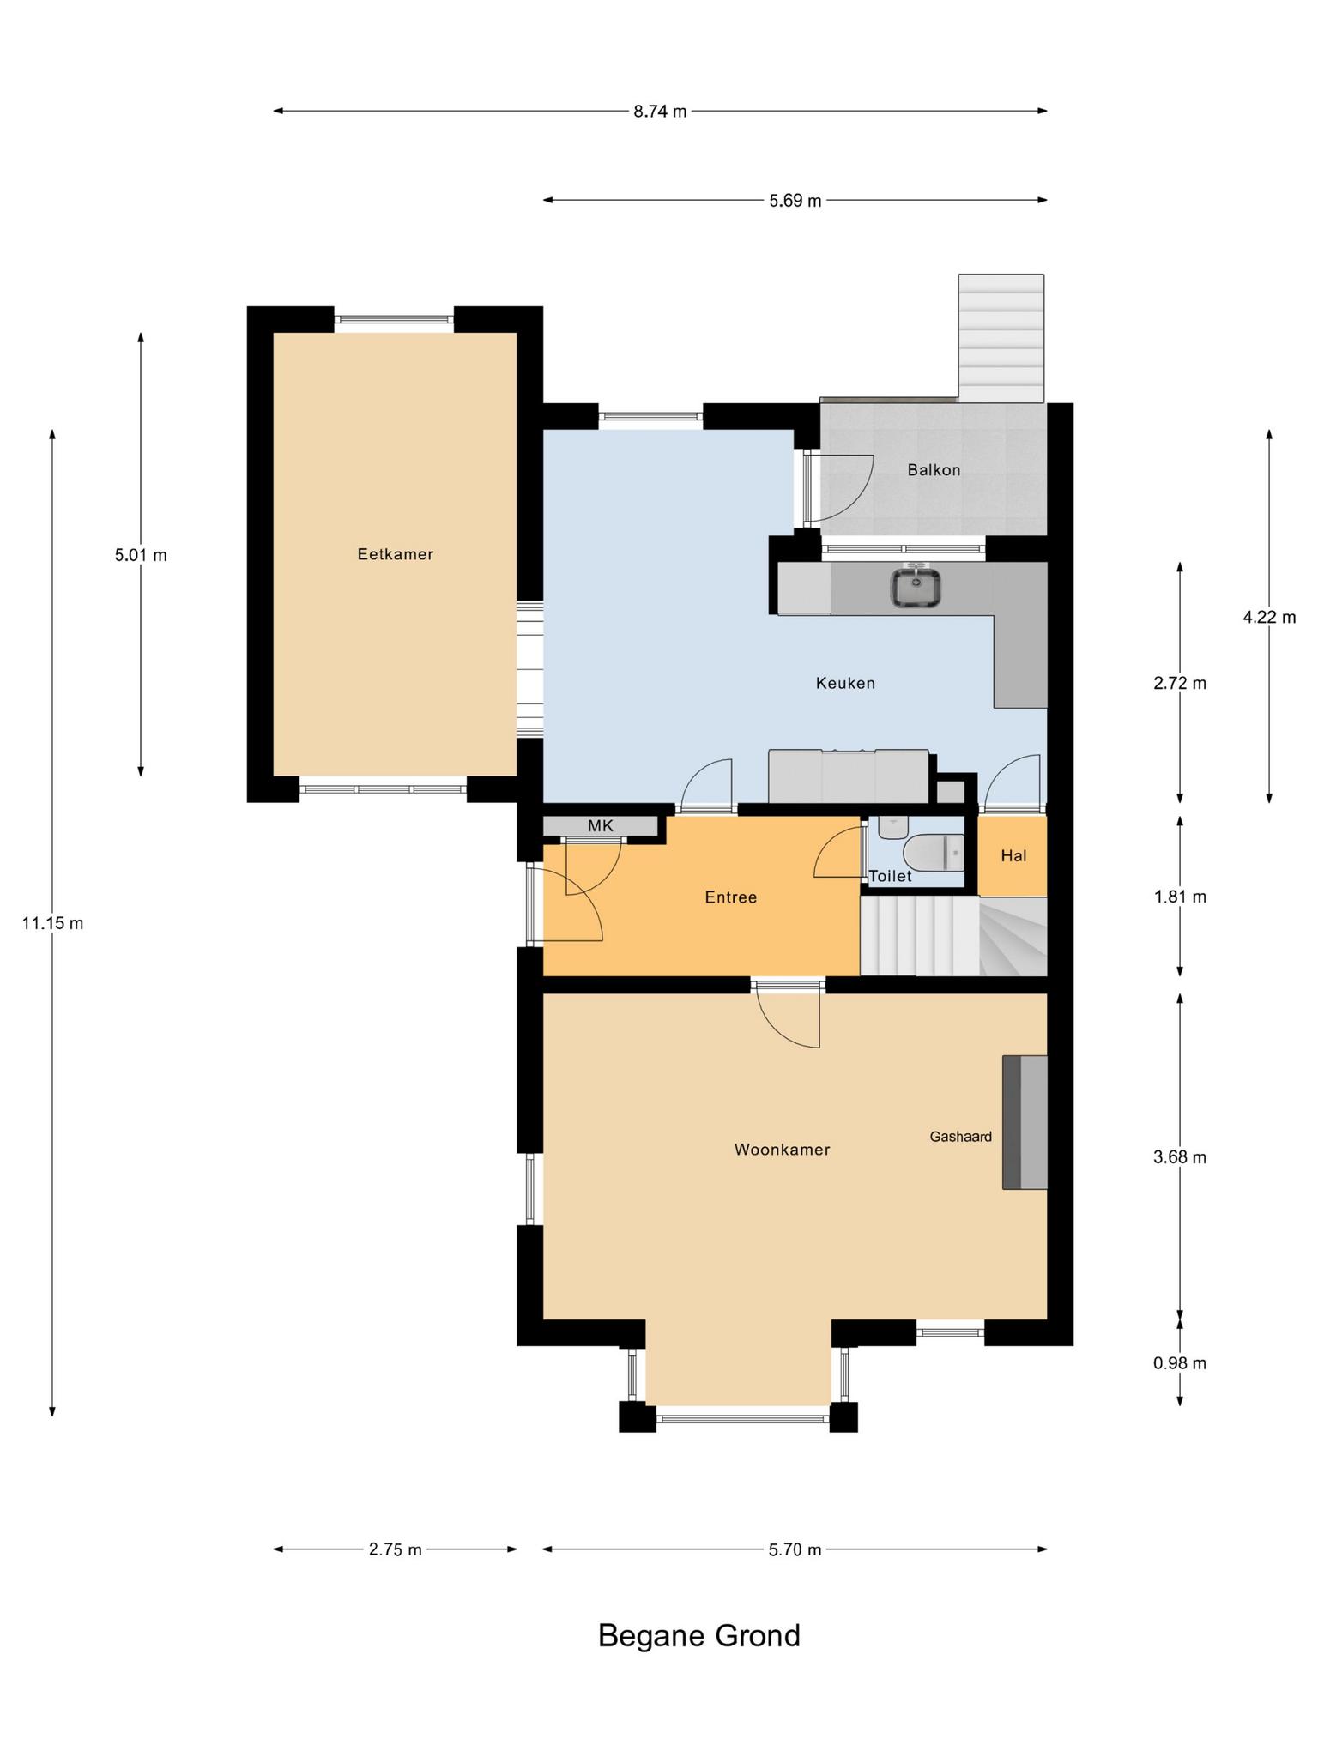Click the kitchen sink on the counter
(x=917, y=588)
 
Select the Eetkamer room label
(x=396, y=554)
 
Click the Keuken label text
(x=845, y=683)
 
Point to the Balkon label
(x=934, y=469)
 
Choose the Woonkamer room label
(x=782, y=1150)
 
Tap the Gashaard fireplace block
(x=1025, y=1122)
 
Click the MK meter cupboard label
(x=601, y=826)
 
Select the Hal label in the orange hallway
(x=1013, y=855)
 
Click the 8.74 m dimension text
(x=660, y=111)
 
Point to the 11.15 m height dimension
(x=53, y=924)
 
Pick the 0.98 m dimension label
(x=1180, y=1363)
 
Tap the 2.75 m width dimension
(x=395, y=1549)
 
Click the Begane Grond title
(x=698, y=1635)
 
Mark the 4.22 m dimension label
(x=1269, y=617)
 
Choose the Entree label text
(x=731, y=897)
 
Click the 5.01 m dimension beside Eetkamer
(x=141, y=555)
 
